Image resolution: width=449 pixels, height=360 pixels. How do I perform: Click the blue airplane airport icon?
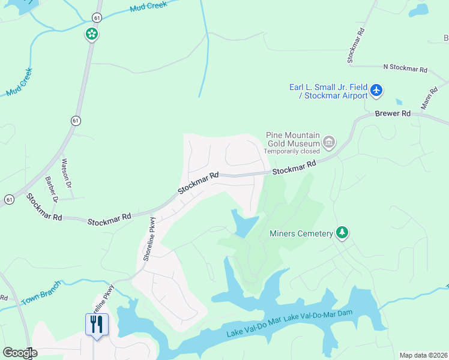376,91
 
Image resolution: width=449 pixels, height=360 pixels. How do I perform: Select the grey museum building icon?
328,142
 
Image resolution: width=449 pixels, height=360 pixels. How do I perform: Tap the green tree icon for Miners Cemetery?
342,232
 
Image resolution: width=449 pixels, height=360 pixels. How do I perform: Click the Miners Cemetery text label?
301,233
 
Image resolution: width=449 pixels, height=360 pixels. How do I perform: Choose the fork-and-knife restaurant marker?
97,325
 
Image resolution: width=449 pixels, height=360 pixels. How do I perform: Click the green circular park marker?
91,34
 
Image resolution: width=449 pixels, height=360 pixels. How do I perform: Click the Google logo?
19,353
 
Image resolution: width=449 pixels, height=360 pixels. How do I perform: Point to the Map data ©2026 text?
423,355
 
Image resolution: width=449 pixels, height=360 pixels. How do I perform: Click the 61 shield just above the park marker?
97,18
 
